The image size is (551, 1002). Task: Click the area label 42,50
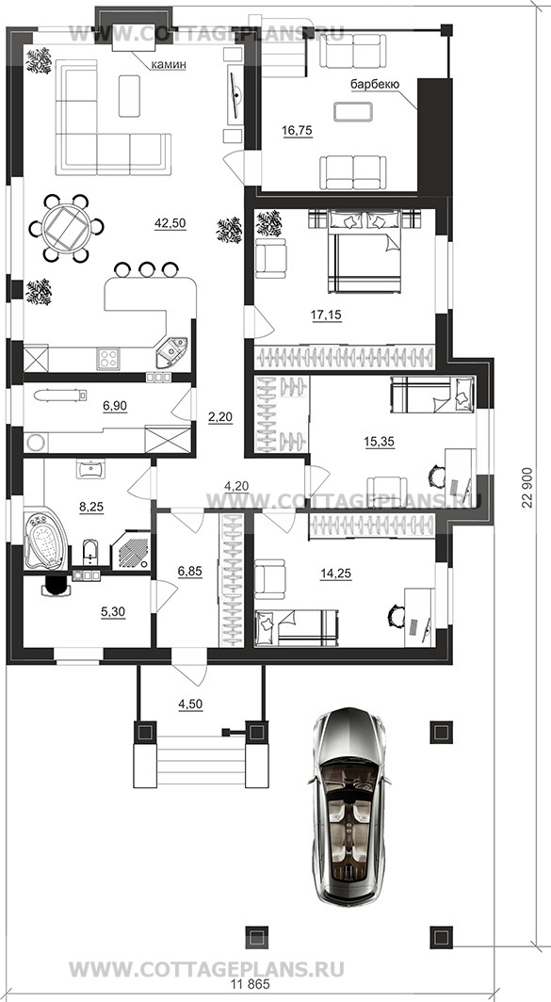coord(170,223)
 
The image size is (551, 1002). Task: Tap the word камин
coord(168,65)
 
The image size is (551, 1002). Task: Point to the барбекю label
coord(375,84)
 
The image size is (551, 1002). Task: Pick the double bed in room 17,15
coord(365,250)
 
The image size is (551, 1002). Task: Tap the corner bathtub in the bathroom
coord(45,539)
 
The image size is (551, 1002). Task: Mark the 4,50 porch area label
coord(190,704)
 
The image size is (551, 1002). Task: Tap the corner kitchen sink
coord(171,351)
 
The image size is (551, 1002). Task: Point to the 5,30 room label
coord(112,612)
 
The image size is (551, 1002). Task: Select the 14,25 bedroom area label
coord(335,574)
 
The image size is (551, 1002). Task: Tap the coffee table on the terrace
coord(354,112)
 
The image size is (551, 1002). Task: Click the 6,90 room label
coord(115,405)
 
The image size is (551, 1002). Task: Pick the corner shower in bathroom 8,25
coord(131,549)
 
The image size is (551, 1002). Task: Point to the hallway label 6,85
coord(189,572)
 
